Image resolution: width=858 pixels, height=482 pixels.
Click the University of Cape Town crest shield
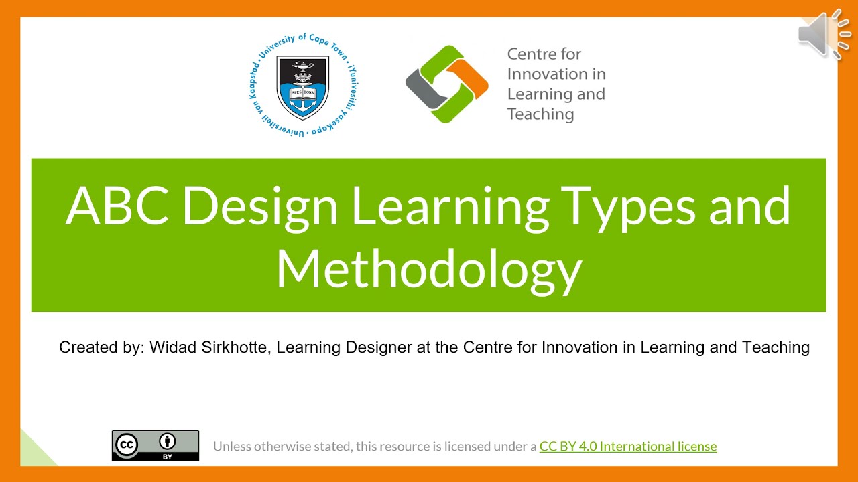point(302,87)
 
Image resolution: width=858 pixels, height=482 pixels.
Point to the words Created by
point(101,347)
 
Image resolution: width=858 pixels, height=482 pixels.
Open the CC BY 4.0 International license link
point(627,446)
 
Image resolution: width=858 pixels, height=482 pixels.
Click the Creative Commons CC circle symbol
point(127,445)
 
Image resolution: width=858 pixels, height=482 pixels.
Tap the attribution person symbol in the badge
point(168,441)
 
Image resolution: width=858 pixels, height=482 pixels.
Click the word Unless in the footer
point(233,446)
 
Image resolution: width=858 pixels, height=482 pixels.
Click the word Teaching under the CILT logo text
point(540,114)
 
